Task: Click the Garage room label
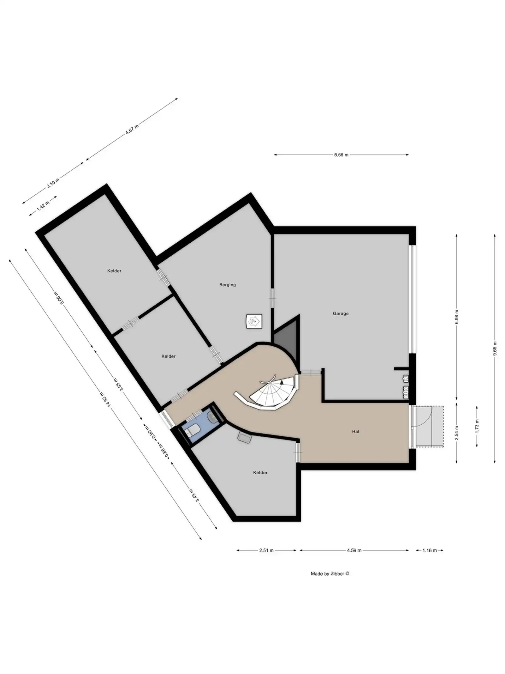click(x=340, y=313)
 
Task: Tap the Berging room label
click(x=227, y=285)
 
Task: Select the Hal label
click(x=355, y=431)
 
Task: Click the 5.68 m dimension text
click(x=341, y=155)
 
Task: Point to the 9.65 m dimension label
click(x=495, y=349)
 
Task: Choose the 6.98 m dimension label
click(x=457, y=319)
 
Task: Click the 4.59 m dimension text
click(x=354, y=550)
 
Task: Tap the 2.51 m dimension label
click(x=266, y=550)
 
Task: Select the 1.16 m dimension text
click(x=430, y=550)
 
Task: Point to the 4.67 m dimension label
click(x=132, y=130)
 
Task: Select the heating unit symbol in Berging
click(x=254, y=322)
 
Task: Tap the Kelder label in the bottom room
click(x=260, y=473)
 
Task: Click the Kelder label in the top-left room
click(x=114, y=271)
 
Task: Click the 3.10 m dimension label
click(x=53, y=183)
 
